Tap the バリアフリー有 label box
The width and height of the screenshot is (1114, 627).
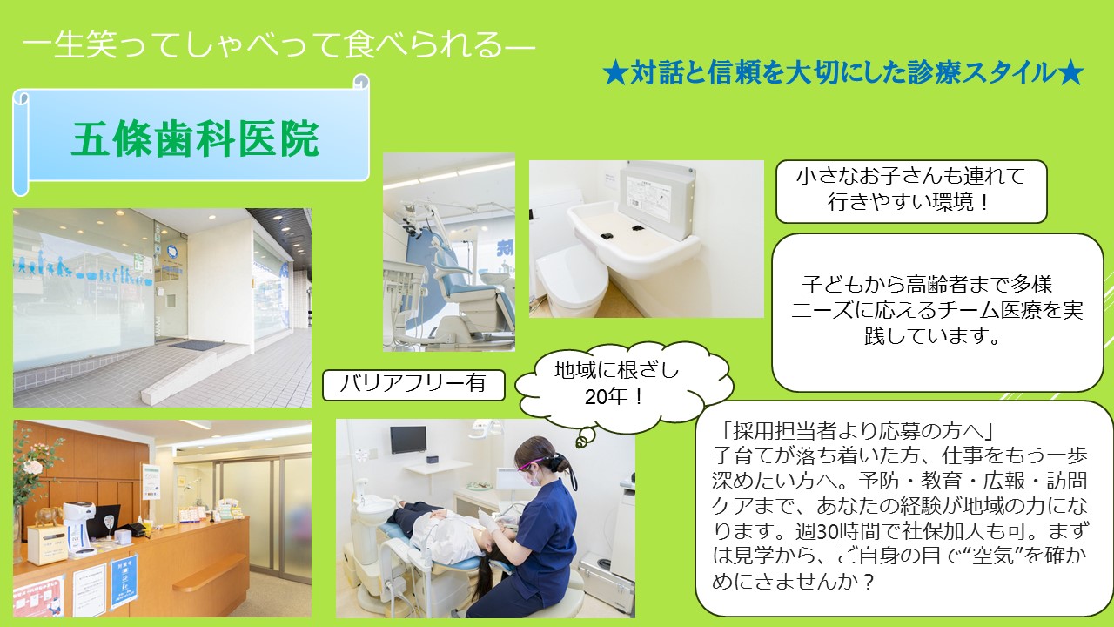pyautogui.click(x=413, y=385)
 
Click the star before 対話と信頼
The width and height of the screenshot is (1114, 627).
pyautogui.click(x=614, y=74)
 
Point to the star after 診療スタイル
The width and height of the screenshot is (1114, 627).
pyautogui.click(x=1070, y=74)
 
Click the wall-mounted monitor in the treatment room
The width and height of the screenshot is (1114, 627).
pyautogui.click(x=408, y=440)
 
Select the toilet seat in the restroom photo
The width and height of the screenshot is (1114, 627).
pyautogui.click(x=572, y=279)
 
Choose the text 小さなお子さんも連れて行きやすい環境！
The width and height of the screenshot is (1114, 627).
pyautogui.click(x=910, y=190)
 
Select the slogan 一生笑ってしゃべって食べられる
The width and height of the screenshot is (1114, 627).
pyautogui.click(x=278, y=45)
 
